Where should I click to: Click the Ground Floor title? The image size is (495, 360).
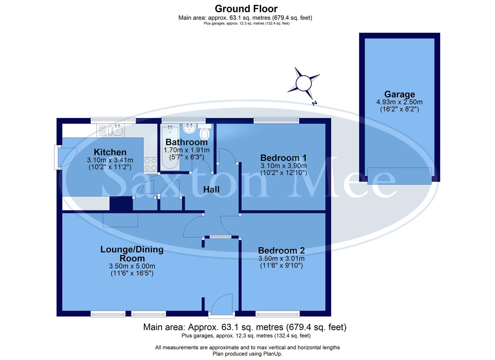click(x=246, y=8)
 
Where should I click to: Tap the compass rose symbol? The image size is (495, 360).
click(x=304, y=83)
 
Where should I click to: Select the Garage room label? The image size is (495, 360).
click(x=399, y=94)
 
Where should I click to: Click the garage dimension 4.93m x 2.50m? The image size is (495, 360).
click(x=399, y=102)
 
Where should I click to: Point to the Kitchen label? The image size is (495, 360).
click(x=110, y=152)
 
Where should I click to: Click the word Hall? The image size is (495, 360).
click(x=211, y=189)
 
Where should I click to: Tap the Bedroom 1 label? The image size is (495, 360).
click(x=283, y=158)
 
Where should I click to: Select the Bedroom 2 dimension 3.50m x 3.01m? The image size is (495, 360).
click(x=281, y=258)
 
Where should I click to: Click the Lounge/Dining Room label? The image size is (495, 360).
click(x=132, y=254)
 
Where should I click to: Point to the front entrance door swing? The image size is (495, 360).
click(x=222, y=304)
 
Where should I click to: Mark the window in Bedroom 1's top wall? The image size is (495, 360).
click(x=276, y=120)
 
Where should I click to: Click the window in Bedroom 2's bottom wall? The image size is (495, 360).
click(x=277, y=314)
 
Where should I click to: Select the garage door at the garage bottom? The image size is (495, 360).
click(x=399, y=176)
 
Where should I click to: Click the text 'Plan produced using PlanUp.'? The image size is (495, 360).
click(x=247, y=354)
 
